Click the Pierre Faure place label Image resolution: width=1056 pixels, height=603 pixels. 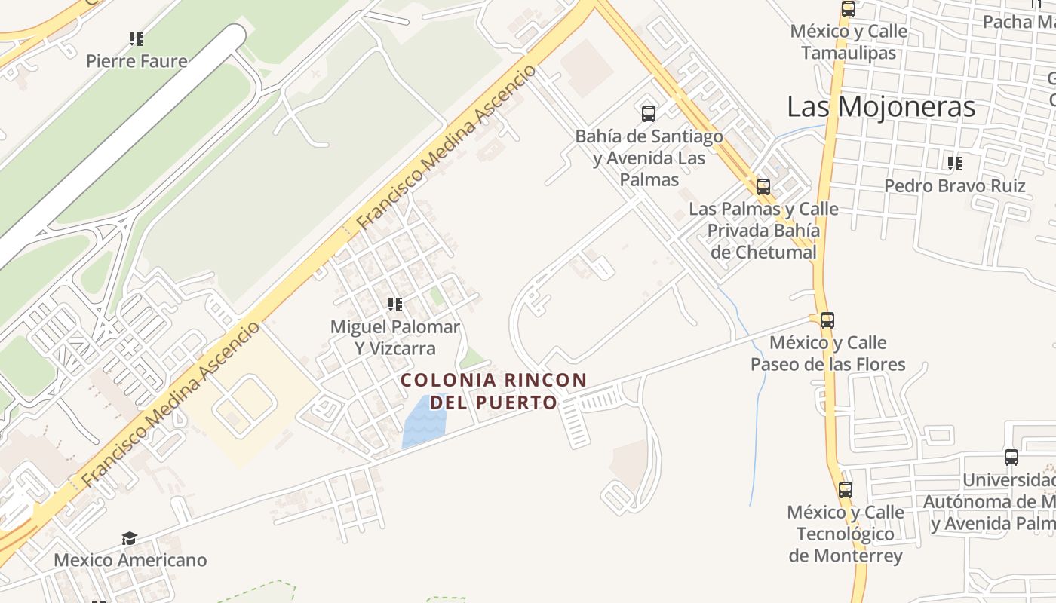pyautogui.click(x=137, y=60)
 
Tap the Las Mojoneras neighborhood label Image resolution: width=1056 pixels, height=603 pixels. pyautogui.click(x=881, y=107)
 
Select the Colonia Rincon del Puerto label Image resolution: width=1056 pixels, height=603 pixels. pyautogui.click(x=494, y=390)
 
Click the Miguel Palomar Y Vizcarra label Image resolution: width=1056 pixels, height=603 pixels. pyautogui.click(x=395, y=338)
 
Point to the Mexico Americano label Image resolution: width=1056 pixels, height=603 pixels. pyautogui.click(x=130, y=560)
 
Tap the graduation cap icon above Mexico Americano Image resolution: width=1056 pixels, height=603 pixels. pyautogui.click(x=129, y=538)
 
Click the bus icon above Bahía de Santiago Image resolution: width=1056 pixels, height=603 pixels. pyautogui.click(x=649, y=114)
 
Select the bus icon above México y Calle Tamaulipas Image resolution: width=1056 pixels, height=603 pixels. pyautogui.click(x=849, y=9)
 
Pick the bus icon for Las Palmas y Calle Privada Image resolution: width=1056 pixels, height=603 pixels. pyautogui.click(x=763, y=186)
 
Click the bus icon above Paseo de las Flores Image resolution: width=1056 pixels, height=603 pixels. pyautogui.click(x=827, y=320)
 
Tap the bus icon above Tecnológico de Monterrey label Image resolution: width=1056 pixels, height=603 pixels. pyautogui.click(x=846, y=489)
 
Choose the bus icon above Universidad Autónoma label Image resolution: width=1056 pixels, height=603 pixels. pyautogui.click(x=1011, y=457)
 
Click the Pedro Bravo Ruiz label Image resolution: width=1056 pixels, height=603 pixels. pyautogui.click(x=954, y=185)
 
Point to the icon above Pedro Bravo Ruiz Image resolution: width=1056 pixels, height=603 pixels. pyautogui.click(x=955, y=163)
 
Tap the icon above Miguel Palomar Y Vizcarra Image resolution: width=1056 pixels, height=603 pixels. pyautogui.click(x=394, y=305)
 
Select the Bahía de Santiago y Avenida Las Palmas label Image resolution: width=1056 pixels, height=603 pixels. pyautogui.click(x=649, y=158)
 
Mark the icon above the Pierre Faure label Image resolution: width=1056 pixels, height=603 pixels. pyautogui.click(x=137, y=38)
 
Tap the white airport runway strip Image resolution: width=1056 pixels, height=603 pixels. pyautogui.click(x=121, y=143)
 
